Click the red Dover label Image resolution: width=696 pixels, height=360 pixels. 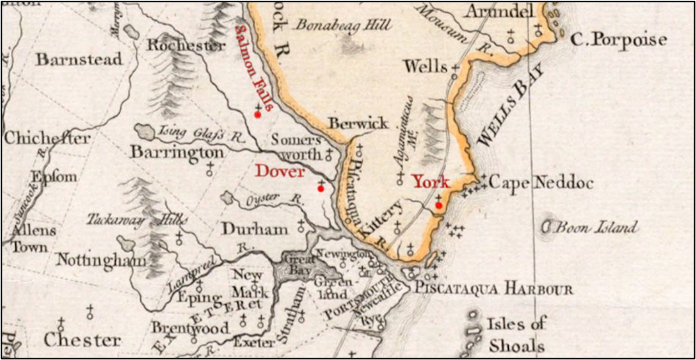[280, 171]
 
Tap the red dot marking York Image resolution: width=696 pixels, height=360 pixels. [439, 205]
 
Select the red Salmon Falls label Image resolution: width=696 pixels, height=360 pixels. [253, 67]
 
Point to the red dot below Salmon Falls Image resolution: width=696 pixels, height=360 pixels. [258, 114]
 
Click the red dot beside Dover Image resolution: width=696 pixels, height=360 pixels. [320, 188]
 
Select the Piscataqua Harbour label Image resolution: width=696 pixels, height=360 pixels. [493, 290]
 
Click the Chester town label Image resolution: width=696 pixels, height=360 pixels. [81, 339]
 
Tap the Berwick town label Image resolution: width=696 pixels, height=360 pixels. [358, 123]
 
